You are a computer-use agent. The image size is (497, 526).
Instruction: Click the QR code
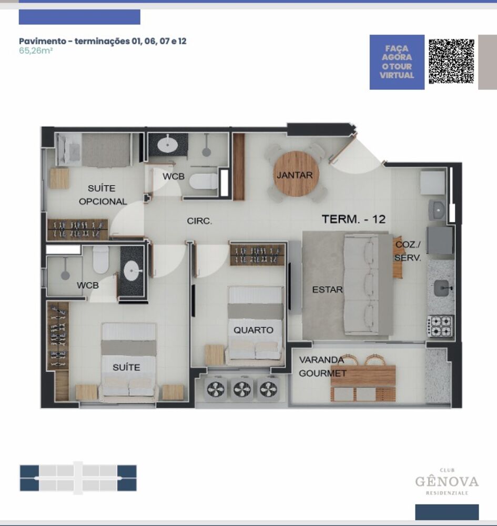coord(451,62)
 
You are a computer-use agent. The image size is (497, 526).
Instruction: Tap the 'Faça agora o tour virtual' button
coord(397,62)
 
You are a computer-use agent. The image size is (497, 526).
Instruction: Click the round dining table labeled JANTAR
coord(295,174)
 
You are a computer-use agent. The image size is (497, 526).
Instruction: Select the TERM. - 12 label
coord(353,219)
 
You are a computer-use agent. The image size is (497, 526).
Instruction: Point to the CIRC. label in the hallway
coord(199,221)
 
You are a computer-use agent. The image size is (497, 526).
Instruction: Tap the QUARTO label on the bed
coord(253,330)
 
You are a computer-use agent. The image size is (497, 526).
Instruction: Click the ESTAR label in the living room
coord(327,289)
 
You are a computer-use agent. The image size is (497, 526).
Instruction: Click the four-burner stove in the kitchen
coord(440,326)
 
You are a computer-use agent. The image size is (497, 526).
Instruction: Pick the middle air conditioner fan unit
coord(242,390)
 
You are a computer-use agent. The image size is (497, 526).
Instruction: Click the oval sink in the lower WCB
coord(131,271)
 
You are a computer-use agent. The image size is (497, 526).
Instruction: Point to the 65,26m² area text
coord(35,52)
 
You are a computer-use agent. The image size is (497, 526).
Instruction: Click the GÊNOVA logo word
coord(447,481)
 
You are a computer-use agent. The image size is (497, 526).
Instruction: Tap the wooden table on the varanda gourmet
coord(363,376)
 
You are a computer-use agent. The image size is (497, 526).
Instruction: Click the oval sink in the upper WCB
coord(168,143)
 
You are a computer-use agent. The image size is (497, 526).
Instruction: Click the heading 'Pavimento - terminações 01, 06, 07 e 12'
coord(103,41)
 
